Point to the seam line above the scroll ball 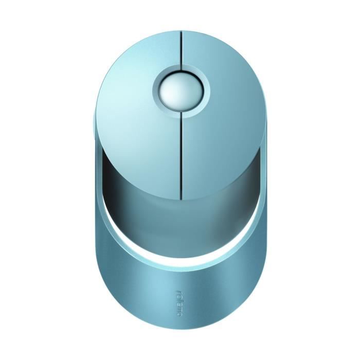click(x=181, y=49)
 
